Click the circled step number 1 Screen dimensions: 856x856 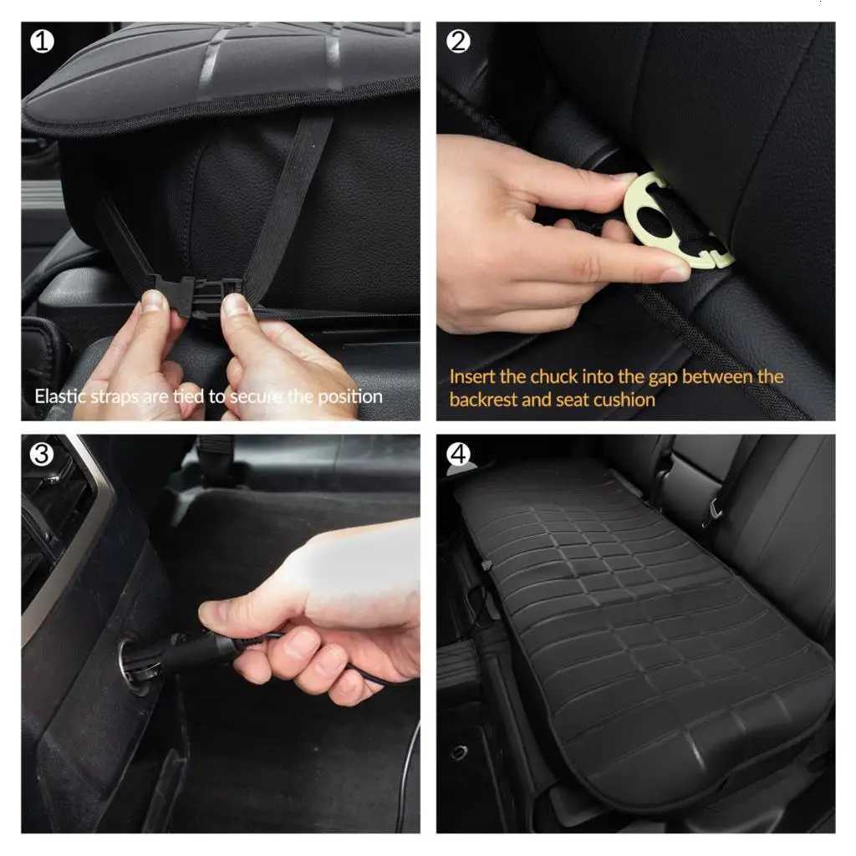pos(43,41)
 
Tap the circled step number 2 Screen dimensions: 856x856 pos(458,41)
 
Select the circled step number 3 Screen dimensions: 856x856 pos(43,455)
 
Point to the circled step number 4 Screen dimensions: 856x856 pos(458,455)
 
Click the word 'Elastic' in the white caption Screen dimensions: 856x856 pos(62,395)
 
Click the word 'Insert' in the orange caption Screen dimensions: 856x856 pos(472,376)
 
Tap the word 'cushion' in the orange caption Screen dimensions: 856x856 pos(624,400)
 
